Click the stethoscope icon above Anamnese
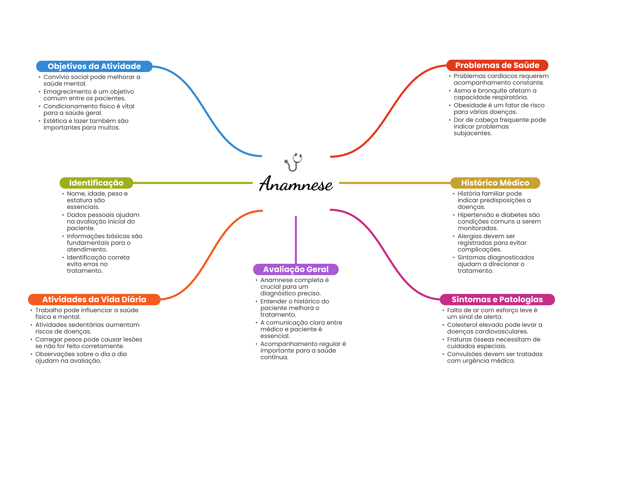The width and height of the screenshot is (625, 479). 294,162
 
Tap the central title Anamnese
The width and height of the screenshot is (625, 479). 296,184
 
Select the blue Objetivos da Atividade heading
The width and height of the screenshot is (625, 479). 94,66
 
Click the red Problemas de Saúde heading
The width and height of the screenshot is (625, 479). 497,65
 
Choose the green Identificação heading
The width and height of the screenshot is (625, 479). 96,183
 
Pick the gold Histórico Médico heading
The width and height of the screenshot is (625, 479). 495,183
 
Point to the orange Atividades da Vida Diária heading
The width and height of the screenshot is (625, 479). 94,299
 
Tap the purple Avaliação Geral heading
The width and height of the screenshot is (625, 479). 296,269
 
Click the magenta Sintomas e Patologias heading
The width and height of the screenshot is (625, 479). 497,299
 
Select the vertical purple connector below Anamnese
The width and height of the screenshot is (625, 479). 296,240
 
